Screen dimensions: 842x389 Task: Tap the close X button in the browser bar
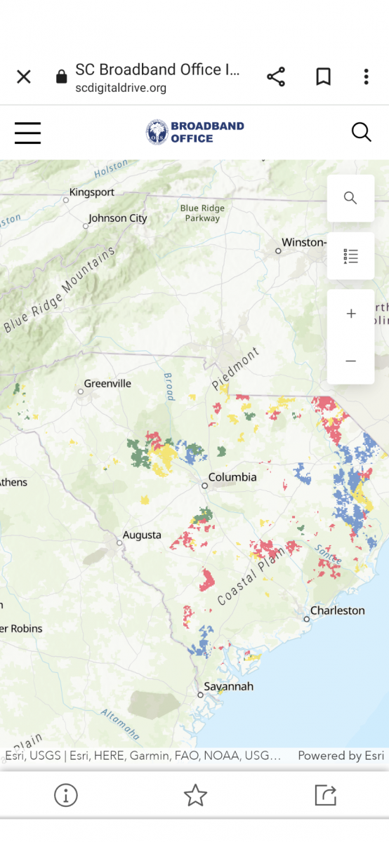pyautogui.click(x=24, y=77)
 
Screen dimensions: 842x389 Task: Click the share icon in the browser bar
pyautogui.click(x=276, y=77)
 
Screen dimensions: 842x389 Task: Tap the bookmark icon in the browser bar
pyautogui.click(x=323, y=77)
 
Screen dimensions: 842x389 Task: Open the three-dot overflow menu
pyautogui.click(x=366, y=77)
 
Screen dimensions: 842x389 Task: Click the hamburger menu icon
pyautogui.click(x=28, y=133)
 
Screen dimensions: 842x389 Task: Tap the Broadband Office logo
pyautogui.click(x=194, y=133)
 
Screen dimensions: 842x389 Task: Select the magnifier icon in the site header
pyautogui.click(x=361, y=132)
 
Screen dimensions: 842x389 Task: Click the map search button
pyautogui.click(x=350, y=198)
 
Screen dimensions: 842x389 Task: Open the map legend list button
pyautogui.click(x=350, y=256)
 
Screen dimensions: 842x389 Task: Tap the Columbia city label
pyautogui.click(x=232, y=477)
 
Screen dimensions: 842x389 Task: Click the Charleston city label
pyautogui.click(x=337, y=610)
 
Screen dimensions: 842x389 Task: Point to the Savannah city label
pyautogui.click(x=228, y=686)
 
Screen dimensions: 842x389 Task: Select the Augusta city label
pyautogui.click(x=142, y=535)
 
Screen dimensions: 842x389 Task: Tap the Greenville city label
pyautogui.click(x=107, y=384)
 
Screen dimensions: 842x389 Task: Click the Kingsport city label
pyautogui.click(x=91, y=192)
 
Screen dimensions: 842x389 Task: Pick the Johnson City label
pyautogui.click(x=118, y=218)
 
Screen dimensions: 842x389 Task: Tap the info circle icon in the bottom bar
pyautogui.click(x=66, y=795)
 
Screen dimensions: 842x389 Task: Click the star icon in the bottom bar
pyautogui.click(x=194, y=795)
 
